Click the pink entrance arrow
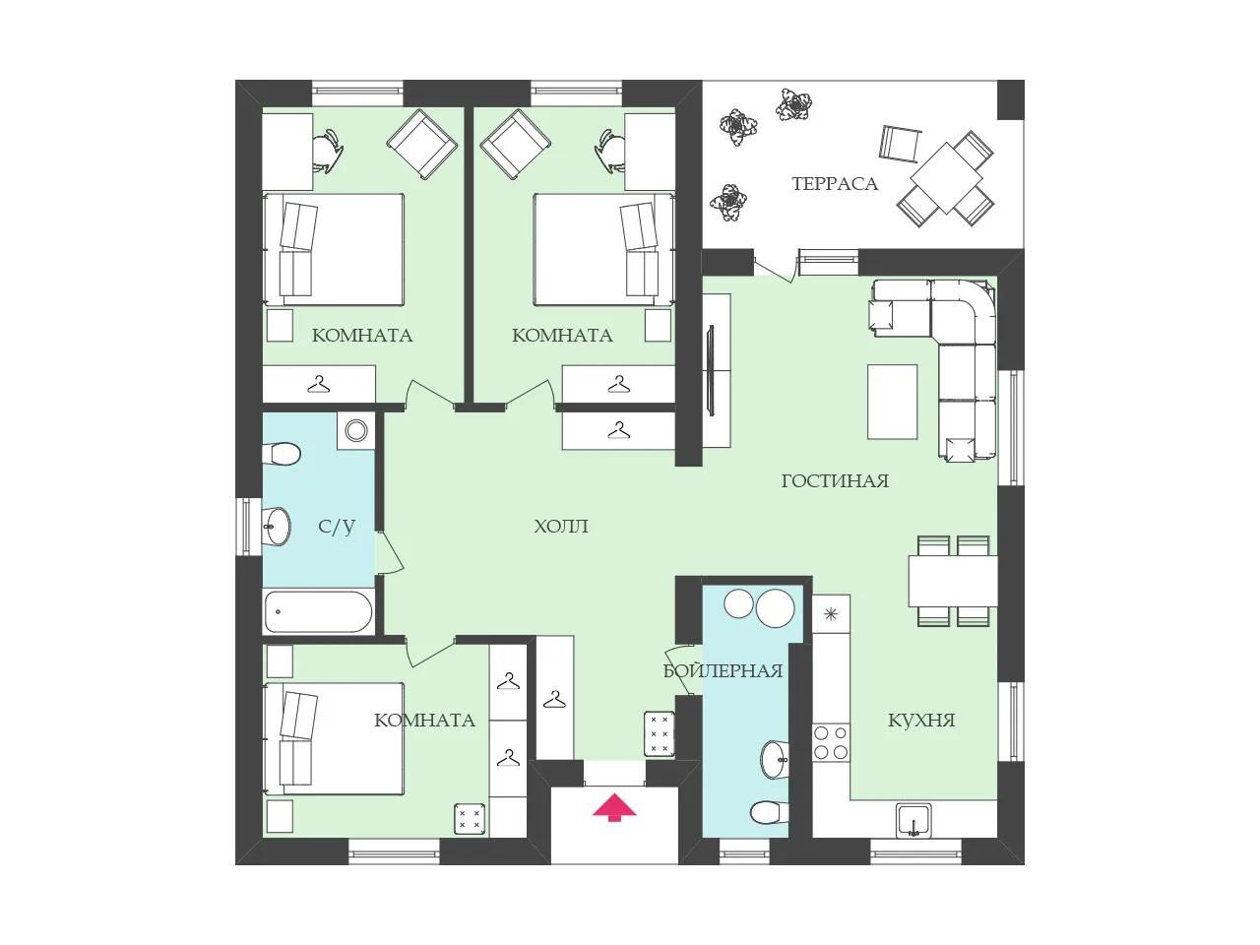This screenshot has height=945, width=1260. click(x=614, y=807)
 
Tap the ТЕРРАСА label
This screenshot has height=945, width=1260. click(x=835, y=184)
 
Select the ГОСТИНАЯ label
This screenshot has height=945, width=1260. click(x=835, y=480)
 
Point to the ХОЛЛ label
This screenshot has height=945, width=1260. click(x=561, y=526)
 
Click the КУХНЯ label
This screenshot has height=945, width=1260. click(x=921, y=721)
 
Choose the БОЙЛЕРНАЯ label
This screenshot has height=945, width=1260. click(x=723, y=670)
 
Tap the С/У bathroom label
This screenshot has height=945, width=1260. click(x=337, y=526)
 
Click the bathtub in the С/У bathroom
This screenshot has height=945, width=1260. click(x=319, y=611)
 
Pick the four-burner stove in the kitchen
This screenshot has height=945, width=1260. click(x=831, y=742)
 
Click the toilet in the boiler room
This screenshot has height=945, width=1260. click(x=769, y=811)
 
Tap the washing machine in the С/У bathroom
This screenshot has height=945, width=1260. click(x=356, y=430)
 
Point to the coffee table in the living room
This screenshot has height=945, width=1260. click(x=892, y=402)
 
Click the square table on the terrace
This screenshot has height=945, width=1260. click(x=946, y=178)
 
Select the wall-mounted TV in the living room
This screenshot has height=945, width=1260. click(x=711, y=371)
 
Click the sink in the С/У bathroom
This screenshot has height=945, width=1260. click(x=276, y=526)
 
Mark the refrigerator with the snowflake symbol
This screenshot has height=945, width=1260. click(x=831, y=614)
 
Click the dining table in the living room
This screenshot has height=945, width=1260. click(x=952, y=581)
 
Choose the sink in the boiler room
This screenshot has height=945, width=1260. click(x=775, y=759)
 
